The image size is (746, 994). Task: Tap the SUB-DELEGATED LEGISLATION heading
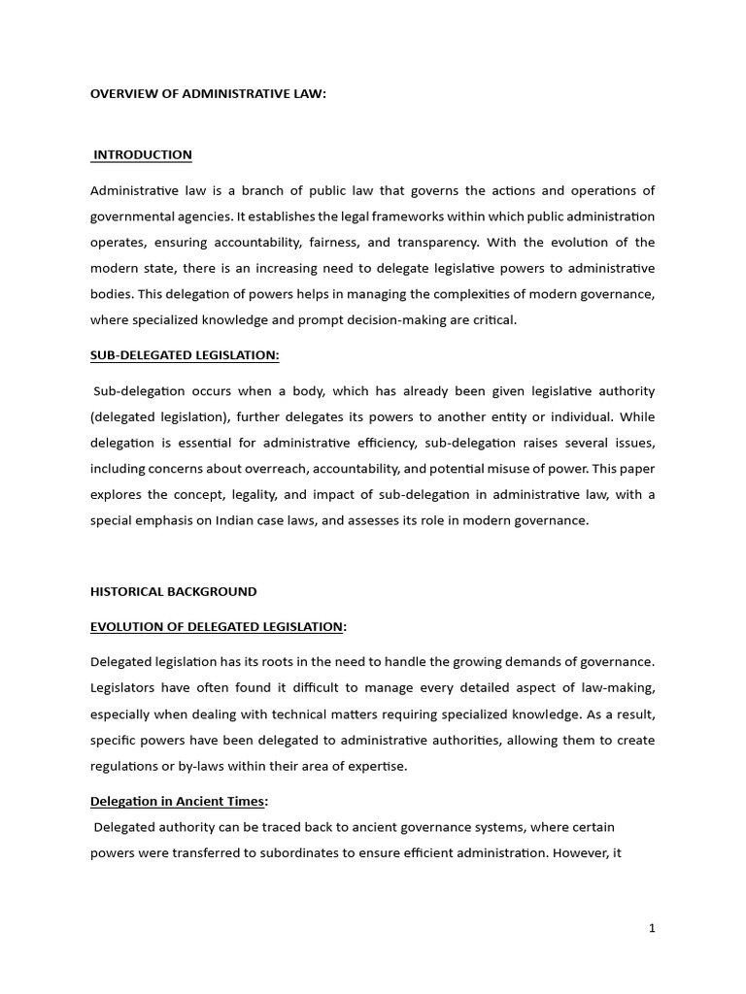pos(185,355)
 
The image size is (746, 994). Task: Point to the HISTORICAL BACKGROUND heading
pos(174,591)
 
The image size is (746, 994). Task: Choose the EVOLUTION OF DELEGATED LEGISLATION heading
pos(217,626)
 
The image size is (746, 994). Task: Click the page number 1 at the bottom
pos(653,928)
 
